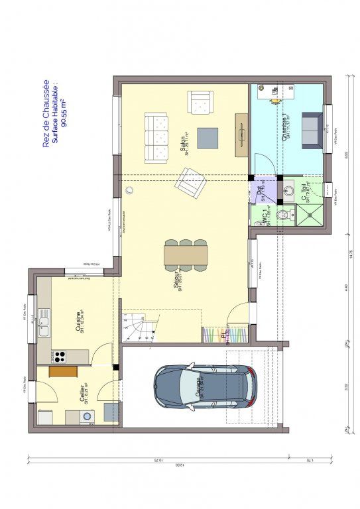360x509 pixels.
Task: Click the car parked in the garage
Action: pyautogui.click(x=206, y=386)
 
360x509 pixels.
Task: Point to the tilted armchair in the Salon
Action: pyautogui.click(x=190, y=182)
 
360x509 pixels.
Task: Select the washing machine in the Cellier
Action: pyautogui.click(x=86, y=416)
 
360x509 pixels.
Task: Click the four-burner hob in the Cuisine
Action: pyautogui.click(x=60, y=356)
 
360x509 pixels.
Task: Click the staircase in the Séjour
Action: pyautogui.click(x=141, y=329)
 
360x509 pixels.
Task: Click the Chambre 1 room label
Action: pyautogui.click(x=284, y=126)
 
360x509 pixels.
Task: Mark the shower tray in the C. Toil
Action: pyautogui.click(x=311, y=213)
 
